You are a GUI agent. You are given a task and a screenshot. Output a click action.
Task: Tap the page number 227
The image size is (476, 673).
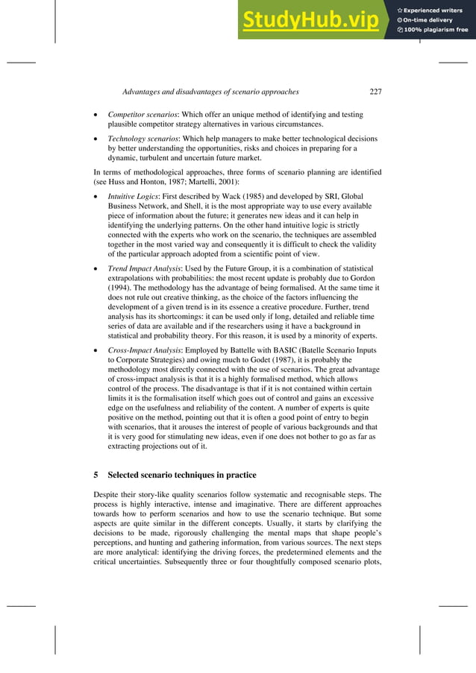375,92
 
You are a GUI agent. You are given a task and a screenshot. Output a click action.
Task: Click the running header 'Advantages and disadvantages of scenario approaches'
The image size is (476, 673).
210,92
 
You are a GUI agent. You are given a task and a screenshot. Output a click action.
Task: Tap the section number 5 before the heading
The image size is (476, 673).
95,475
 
